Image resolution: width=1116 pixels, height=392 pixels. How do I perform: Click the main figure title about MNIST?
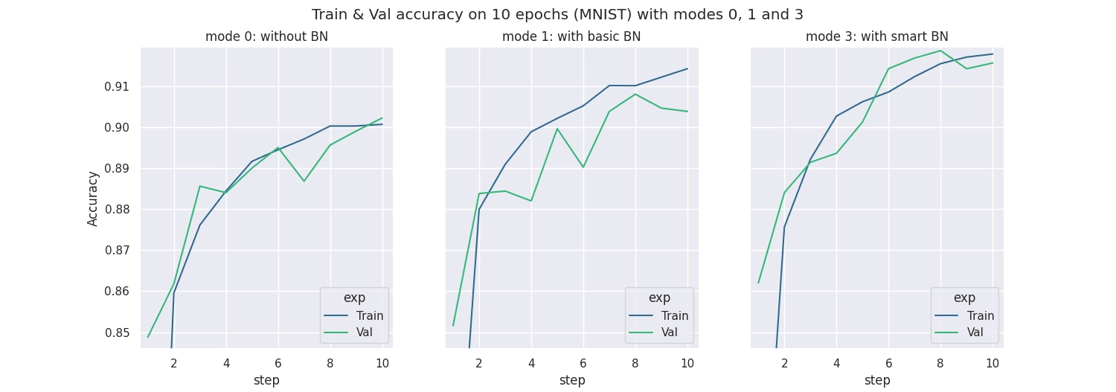point(557,15)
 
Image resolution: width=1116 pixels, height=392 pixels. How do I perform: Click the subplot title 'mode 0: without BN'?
point(266,36)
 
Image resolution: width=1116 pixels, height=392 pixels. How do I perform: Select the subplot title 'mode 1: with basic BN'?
point(571,36)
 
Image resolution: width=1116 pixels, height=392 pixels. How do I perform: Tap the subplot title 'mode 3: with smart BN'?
point(876,36)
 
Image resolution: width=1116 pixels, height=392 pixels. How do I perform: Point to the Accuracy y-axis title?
point(93,198)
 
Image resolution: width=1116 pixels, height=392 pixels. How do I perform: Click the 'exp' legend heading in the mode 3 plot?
point(964,298)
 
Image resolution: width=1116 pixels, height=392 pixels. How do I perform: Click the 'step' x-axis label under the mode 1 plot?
point(571,381)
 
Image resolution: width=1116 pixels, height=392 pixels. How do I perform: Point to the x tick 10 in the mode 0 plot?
point(382,364)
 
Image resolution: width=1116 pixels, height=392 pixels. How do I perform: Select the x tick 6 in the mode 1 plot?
point(583,364)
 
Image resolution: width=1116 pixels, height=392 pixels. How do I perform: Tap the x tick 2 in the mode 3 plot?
point(784,364)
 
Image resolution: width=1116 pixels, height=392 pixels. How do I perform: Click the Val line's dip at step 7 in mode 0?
point(304,181)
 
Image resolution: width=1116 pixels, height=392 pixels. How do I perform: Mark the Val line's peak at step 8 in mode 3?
point(940,51)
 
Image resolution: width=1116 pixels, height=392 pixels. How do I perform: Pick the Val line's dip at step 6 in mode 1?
point(583,167)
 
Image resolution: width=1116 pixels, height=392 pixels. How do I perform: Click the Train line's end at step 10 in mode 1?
point(687,68)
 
